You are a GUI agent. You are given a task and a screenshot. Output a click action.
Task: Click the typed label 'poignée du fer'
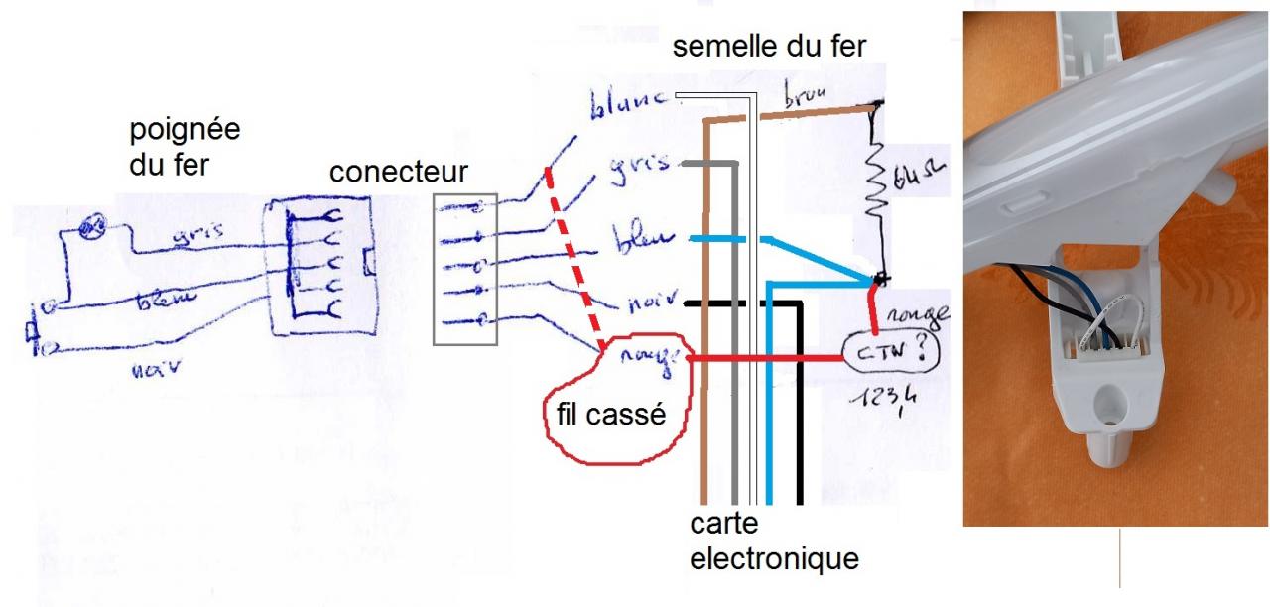click(185, 148)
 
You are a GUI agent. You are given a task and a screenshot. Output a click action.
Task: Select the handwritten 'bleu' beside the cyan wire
click(647, 241)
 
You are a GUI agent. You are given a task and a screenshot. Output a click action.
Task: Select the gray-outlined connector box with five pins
click(465, 270)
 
